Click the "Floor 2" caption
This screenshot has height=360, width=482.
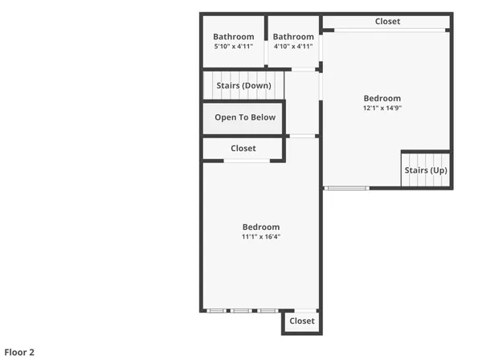click(20, 352)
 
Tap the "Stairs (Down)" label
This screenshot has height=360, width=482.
click(243, 86)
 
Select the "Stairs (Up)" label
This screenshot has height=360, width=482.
click(426, 170)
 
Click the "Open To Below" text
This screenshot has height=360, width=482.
click(245, 117)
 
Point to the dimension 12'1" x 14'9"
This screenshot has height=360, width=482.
click(382, 108)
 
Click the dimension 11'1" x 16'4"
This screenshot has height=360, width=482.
click(261, 236)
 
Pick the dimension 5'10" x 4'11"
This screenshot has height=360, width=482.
click(234, 47)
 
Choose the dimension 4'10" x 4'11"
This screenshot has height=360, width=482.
click(293, 47)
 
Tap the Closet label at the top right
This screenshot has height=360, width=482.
click(387, 22)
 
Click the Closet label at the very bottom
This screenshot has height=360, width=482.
click(302, 321)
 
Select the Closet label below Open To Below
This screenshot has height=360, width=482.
click(243, 149)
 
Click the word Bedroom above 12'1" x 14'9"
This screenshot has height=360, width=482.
click(382, 98)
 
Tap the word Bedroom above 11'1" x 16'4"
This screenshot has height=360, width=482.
click(261, 227)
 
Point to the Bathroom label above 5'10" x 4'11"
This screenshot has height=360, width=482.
click(234, 37)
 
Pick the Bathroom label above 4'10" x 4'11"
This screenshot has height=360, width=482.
click(293, 37)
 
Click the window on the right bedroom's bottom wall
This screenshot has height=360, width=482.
click(347, 188)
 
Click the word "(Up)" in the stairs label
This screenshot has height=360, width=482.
click(438, 170)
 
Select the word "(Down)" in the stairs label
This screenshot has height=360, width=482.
click(258, 86)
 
